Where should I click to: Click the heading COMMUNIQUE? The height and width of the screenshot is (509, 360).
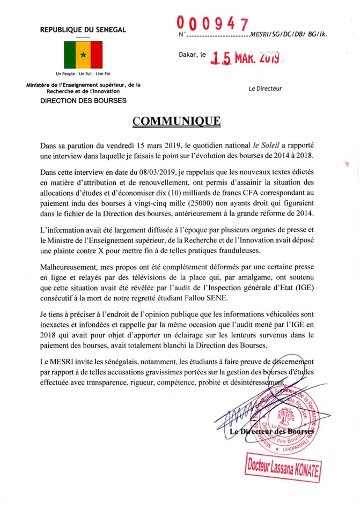[x=177, y=121]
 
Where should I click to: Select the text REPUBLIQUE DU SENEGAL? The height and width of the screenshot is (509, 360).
[x=83, y=29]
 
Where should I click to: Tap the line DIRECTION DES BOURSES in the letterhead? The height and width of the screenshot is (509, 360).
[x=84, y=100]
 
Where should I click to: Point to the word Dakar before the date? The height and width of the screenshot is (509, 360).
[x=188, y=54]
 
